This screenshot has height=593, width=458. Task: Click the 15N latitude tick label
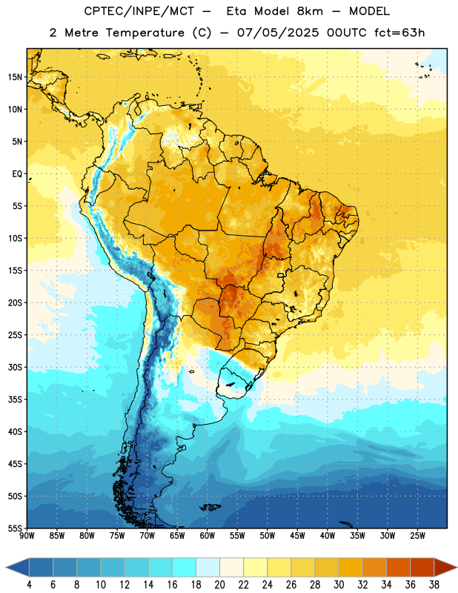click(15, 77)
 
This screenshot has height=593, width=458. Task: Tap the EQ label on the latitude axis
click(17, 174)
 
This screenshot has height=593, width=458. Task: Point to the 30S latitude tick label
click(15, 367)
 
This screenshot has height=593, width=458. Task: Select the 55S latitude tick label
click(15, 528)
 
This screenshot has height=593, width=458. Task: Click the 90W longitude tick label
click(27, 536)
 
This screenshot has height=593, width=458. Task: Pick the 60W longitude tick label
click(208, 536)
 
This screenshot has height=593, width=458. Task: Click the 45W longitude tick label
click(297, 536)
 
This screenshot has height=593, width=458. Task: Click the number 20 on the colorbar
click(219, 585)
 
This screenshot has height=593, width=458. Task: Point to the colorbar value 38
click(434, 585)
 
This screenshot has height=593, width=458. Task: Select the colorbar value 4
click(29, 585)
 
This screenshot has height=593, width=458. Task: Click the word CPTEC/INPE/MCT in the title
click(139, 11)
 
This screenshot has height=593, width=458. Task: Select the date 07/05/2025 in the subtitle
click(278, 33)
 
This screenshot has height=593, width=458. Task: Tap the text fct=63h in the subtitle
click(399, 33)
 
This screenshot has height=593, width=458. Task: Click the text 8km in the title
click(310, 11)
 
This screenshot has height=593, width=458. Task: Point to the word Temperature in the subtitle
click(145, 33)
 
